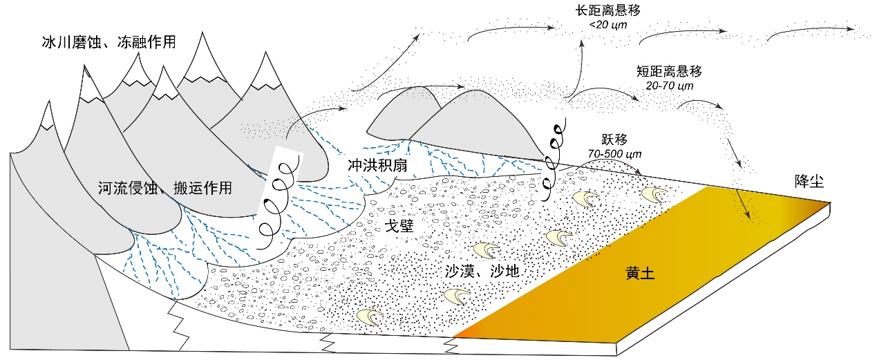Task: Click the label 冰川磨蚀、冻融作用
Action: coord(109,42)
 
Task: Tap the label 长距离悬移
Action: coord(607,10)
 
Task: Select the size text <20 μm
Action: coord(608,25)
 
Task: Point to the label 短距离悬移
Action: coord(669,71)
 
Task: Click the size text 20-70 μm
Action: coord(670,86)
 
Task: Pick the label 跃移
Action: coord(614,140)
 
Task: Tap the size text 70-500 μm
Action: coord(614,154)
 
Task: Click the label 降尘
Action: coord(809,181)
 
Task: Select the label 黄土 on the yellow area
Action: coord(640,273)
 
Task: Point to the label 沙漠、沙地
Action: coord(482,271)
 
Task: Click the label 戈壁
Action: coord(399,226)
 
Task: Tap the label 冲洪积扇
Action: coord(377,166)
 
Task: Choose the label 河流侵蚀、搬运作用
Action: coord(165,188)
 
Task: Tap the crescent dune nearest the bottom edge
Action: coord(369,317)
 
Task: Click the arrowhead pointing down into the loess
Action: coord(747,214)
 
